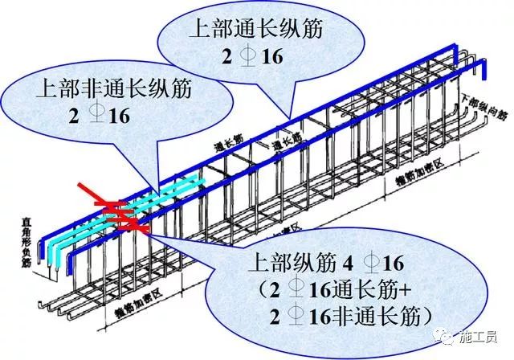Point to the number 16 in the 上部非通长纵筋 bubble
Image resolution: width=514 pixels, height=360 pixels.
tap(120, 113)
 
